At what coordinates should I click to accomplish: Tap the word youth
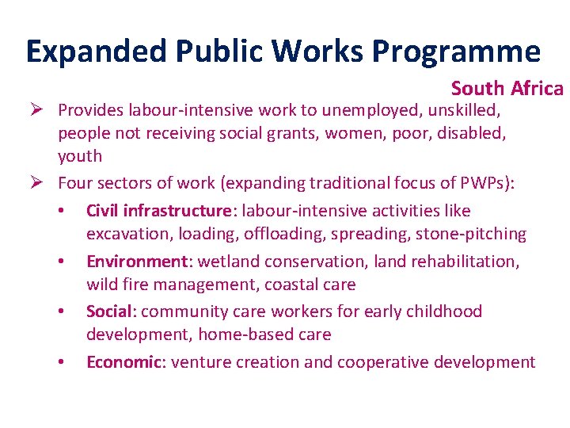tap(80, 156)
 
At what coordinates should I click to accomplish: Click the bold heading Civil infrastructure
tap(158, 211)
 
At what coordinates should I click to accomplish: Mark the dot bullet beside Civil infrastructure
tap(62, 212)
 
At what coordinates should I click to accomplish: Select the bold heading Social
tap(110, 311)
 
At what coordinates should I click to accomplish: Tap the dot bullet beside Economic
tap(62, 363)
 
